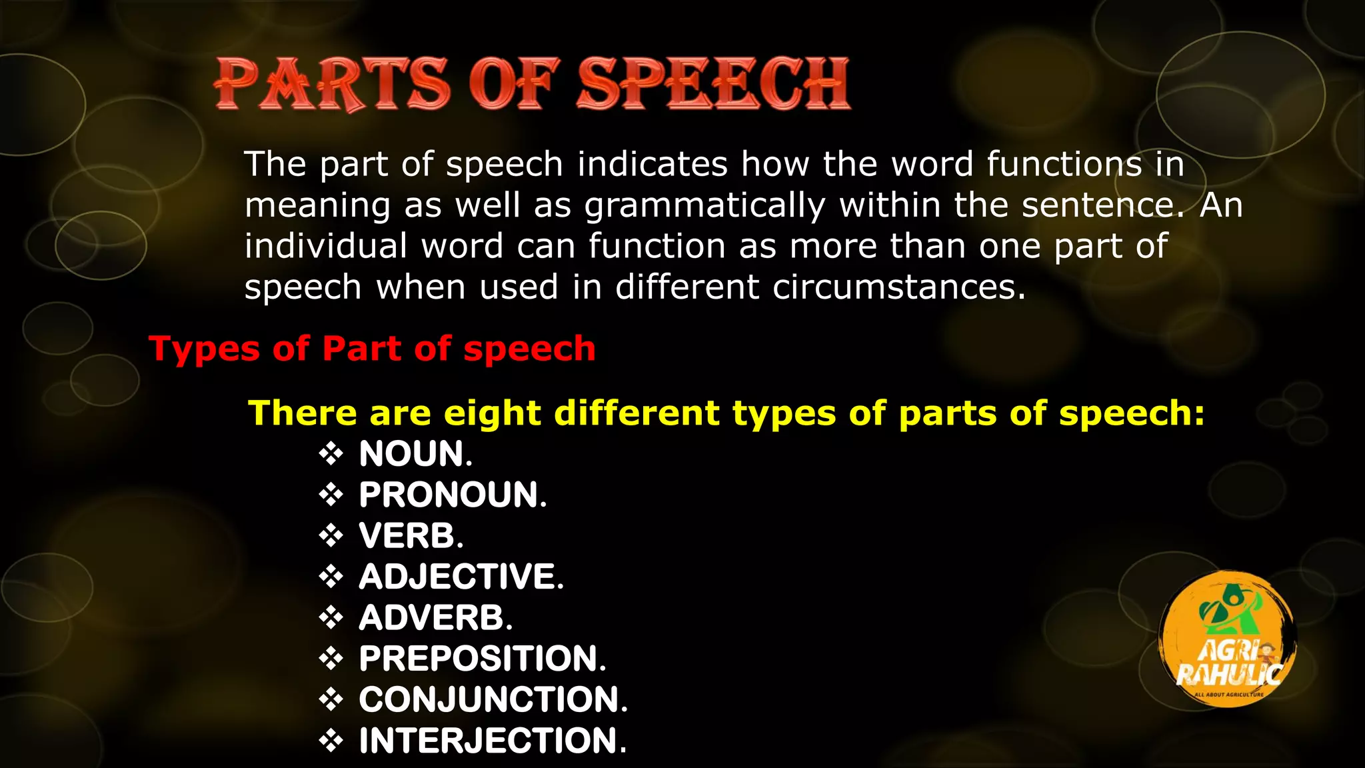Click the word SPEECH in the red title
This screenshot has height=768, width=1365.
coord(713,84)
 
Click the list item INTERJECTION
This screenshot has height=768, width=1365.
coord(493,741)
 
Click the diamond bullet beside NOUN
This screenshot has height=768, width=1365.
coord(331,454)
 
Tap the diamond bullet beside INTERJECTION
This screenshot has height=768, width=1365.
coord(331,741)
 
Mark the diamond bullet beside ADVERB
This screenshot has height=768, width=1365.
coord(331,618)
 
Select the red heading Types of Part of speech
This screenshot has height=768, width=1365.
coord(372,349)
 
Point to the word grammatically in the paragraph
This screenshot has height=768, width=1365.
coord(705,205)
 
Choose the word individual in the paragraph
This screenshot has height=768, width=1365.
coord(326,246)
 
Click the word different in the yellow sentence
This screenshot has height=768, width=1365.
coord(637,413)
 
